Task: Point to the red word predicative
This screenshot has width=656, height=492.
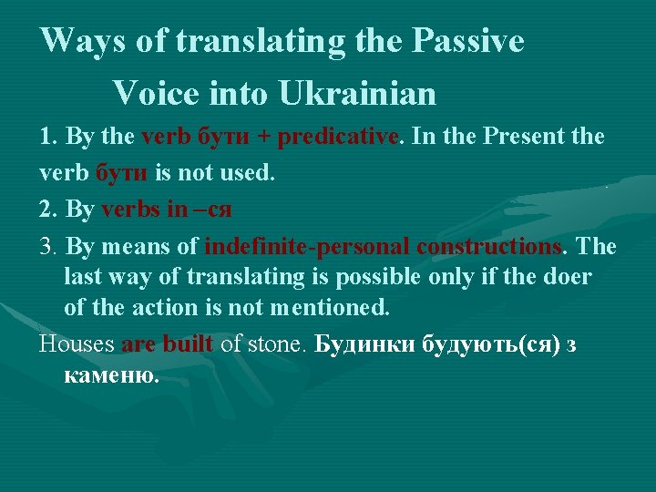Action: coord(338,137)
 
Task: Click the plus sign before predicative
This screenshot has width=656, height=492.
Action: coord(263,138)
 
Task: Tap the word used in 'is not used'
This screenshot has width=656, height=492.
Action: coord(248,173)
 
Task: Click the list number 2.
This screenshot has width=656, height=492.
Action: coord(46,210)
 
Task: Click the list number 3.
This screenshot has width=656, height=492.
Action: coord(46,247)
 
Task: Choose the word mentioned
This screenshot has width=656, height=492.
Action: coord(330,308)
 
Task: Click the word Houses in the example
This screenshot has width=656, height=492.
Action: coord(77,344)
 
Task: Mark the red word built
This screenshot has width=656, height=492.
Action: coord(188,344)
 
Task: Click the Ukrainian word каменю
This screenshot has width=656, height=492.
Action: coord(112,374)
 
